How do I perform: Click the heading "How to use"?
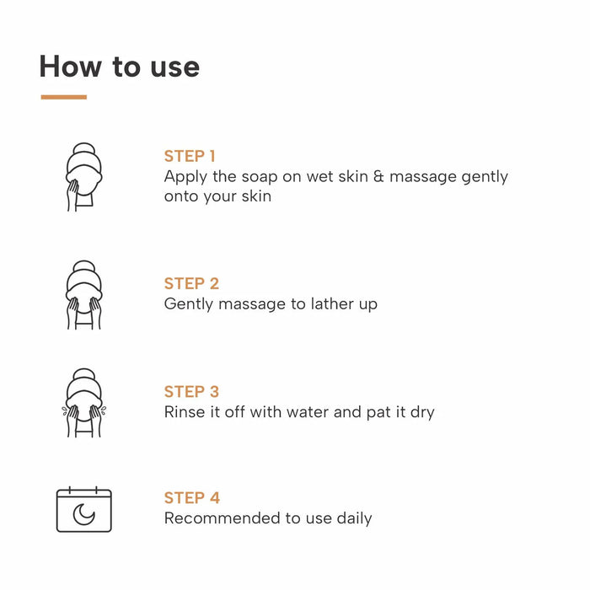(119, 67)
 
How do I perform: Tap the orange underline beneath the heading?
(63, 97)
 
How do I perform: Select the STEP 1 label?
(190, 156)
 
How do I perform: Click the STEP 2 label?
(191, 283)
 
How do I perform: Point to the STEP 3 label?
(191, 392)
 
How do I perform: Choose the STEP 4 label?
(191, 497)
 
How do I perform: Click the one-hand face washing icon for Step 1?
(83, 177)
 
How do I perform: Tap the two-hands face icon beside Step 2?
(83, 295)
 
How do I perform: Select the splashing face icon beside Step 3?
(83, 403)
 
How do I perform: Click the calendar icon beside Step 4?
(83, 510)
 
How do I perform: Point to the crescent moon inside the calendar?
(83, 514)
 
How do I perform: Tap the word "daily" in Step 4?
(353, 518)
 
